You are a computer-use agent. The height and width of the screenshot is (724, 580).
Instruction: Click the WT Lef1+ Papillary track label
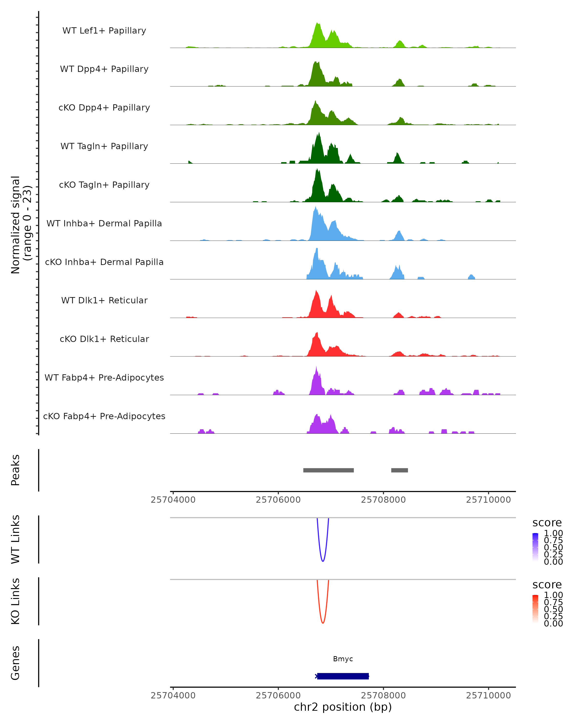(x=104, y=31)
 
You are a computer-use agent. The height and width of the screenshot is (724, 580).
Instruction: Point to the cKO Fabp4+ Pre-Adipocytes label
(x=104, y=416)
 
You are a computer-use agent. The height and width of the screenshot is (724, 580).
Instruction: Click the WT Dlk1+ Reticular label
(x=104, y=300)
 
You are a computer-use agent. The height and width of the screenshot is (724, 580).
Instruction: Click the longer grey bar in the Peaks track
(x=328, y=470)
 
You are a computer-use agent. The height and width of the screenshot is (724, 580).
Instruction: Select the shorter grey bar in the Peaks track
(x=399, y=470)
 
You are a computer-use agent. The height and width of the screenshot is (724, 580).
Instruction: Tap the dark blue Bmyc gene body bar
(x=343, y=676)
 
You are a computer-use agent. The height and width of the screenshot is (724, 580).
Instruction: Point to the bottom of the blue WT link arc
(x=323, y=561)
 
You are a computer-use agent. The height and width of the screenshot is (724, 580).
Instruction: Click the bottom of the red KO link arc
(x=323, y=623)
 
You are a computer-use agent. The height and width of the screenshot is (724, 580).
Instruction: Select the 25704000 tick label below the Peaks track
(x=173, y=500)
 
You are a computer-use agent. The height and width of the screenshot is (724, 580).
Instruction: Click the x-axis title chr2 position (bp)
(x=343, y=707)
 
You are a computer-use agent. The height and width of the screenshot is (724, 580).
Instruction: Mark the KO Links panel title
(x=15, y=601)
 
